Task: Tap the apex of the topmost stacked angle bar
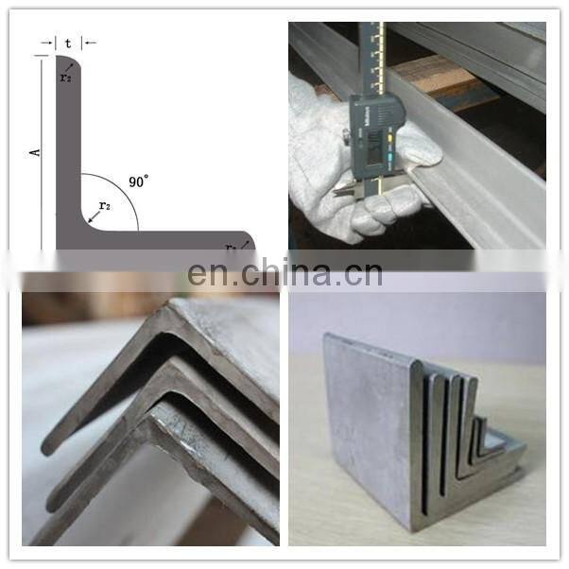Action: pyautogui.click(x=170, y=307)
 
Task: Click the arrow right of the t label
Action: pyautogui.click(x=90, y=42)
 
